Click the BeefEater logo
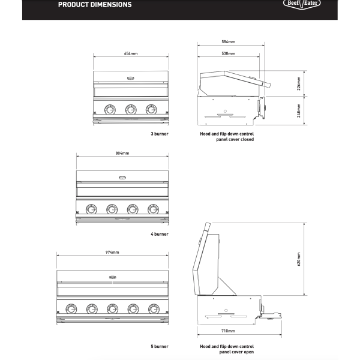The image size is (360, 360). pyautogui.click(x=302, y=4)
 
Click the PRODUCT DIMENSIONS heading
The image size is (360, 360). pyautogui.click(x=95, y=5)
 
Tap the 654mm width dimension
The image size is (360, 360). pyautogui.click(x=131, y=53)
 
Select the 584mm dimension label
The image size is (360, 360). pyautogui.click(x=229, y=42)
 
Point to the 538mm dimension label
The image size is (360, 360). pyautogui.click(x=229, y=53)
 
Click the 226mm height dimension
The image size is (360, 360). pyautogui.click(x=299, y=83)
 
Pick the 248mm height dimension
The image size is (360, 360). pyautogui.click(x=299, y=110)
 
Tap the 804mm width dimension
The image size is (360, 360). pyautogui.click(x=122, y=153)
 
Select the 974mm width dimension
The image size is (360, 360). pyautogui.click(x=112, y=253)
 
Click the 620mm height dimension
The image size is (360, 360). pyautogui.click(x=299, y=259)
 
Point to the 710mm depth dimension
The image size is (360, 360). pyautogui.click(x=228, y=331)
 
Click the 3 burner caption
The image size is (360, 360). pyautogui.click(x=160, y=134)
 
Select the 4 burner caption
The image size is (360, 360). pyautogui.click(x=160, y=234)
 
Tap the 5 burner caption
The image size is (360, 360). pyautogui.click(x=160, y=346)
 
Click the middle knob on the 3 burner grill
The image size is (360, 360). pyautogui.click(x=131, y=110)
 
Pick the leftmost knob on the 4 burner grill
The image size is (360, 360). pyautogui.click(x=91, y=209)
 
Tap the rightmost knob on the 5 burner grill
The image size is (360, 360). pyautogui.click(x=154, y=309)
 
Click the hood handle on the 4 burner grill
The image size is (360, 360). pyautogui.click(x=122, y=178)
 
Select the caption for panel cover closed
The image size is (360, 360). pyautogui.click(x=227, y=137)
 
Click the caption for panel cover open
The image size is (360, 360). pyautogui.click(x=227, y=349)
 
